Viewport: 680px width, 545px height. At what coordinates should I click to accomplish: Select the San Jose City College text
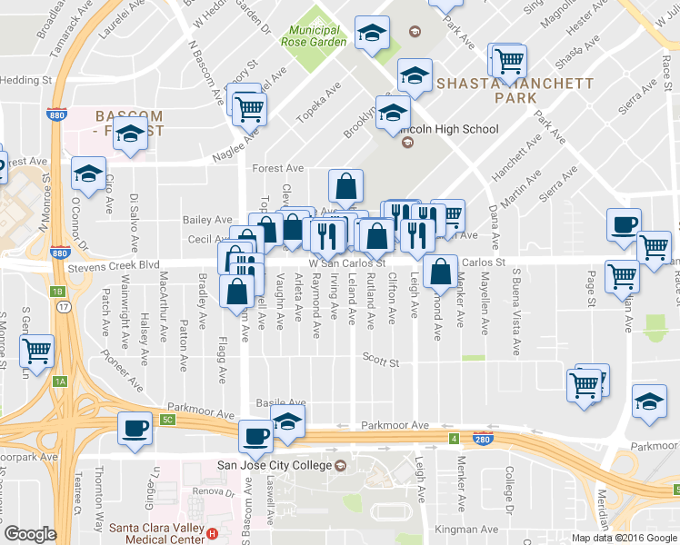pyautogui.click(x=274, y=466)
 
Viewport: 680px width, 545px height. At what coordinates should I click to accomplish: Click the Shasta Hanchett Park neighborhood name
pyautogui.click(x=515, y=90)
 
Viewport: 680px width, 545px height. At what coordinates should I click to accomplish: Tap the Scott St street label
pyautogui.click(x=381, y=363)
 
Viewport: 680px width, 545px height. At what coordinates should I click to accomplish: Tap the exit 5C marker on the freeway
pyautogui.click(x=166, y=419)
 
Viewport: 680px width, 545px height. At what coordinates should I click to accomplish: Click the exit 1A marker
pyautogui.click(x=60, y=381)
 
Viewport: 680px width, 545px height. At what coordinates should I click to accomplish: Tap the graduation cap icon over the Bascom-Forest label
pyautogui.click(x=131, y=132)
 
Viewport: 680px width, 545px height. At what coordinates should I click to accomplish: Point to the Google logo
pyautogui.click(x=31, y=534)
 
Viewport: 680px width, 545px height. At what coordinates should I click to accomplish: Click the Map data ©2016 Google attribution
pyautogui.click(x=624, y=538)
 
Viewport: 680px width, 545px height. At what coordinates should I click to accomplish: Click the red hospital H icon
pyautogui.click(x=212, y=533)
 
